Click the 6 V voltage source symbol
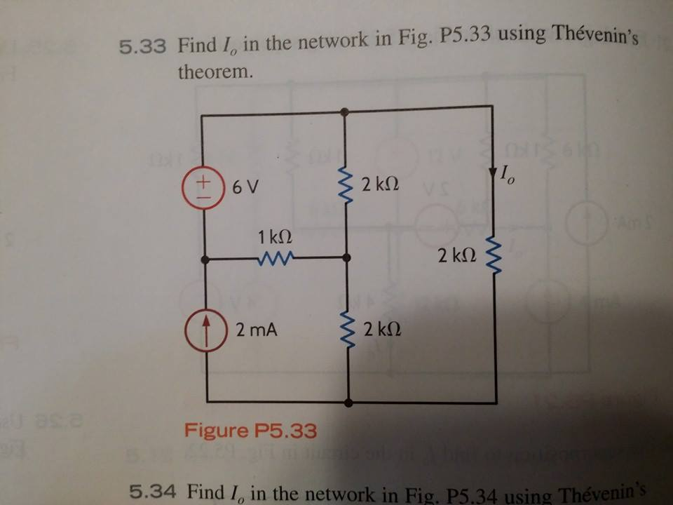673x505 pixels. (204, 187)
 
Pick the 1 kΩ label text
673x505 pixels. (273, 236)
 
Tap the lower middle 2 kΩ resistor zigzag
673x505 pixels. (348, 329)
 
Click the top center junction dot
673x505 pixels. (344, 112)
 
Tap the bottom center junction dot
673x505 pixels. (349, 403)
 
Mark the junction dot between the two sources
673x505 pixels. (204, 260)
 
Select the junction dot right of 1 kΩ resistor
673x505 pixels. (346, 258)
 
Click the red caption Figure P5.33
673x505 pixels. (250, 429)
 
